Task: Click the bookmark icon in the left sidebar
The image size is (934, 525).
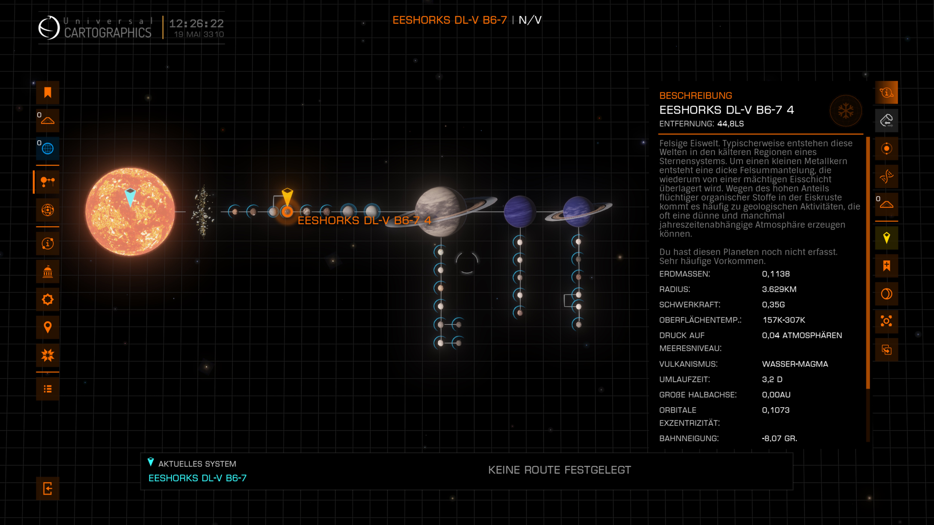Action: [48, 93]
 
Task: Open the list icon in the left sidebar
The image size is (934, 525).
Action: [48, 389]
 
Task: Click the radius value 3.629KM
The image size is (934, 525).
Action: [779, 289]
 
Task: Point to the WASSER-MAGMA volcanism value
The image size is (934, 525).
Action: [795, 364]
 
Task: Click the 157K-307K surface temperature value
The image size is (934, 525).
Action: [784, 320]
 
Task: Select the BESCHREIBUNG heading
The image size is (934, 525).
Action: [695, 96]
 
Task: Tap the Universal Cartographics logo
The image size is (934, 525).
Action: [49, 28]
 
